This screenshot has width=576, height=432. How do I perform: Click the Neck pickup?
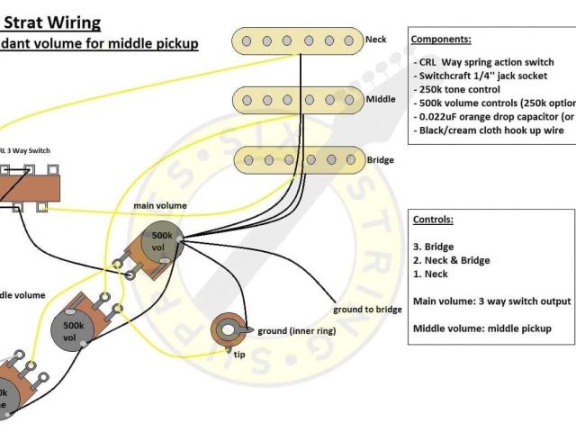point(296,40)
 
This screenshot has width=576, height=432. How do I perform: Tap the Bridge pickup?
point(296,159)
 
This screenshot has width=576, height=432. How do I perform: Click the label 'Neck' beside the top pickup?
point(375,40)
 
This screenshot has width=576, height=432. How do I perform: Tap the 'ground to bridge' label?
point(367,309)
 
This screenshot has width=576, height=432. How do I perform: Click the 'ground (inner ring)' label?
point(297,331)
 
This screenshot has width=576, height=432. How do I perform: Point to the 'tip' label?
point(240,354)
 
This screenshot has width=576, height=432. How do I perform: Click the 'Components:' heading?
point(440,40)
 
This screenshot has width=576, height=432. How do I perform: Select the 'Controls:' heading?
point(432,220)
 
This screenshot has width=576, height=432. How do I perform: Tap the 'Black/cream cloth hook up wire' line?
point(491,130)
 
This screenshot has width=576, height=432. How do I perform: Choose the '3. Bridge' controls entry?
point(434,247)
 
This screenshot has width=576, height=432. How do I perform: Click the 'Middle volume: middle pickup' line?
point(481,328)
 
